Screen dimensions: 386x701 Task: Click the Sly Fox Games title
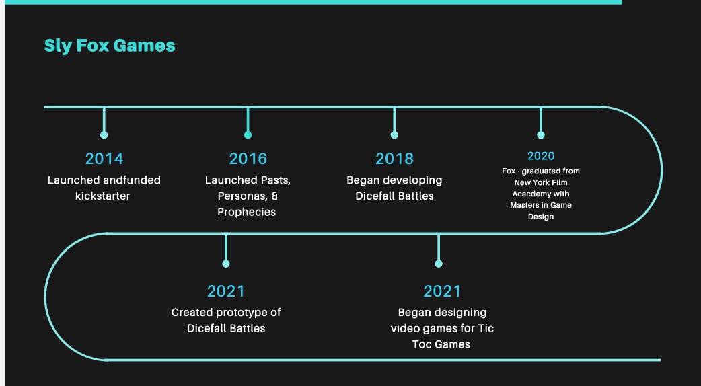[x=110, y=46]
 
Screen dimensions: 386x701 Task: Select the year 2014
[x=104, y=159]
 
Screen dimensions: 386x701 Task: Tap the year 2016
[x=248, y=159]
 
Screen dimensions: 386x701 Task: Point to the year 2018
[x=394, y=159]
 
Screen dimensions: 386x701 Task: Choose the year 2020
[x=541, y=156]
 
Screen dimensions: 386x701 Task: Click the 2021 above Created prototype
[x=226, y=291]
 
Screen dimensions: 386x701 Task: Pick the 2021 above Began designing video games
[x=442, y=291]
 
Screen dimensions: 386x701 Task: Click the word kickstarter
[x=103, y=196]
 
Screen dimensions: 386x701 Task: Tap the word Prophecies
[x=246, y=212]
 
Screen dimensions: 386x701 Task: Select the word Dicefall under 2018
[x=379, y=196]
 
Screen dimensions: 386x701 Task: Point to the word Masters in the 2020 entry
[x=525, y=205]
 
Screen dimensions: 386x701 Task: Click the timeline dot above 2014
[x=104, y=135]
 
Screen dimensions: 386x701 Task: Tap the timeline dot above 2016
[x=248, y=135]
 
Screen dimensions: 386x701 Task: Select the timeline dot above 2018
[x=394, y=135]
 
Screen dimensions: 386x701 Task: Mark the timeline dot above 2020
[x=541, y=135]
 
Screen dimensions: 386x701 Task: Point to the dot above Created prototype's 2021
[x=226, y=264]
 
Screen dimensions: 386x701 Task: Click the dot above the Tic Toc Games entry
[x=439, y=264]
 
